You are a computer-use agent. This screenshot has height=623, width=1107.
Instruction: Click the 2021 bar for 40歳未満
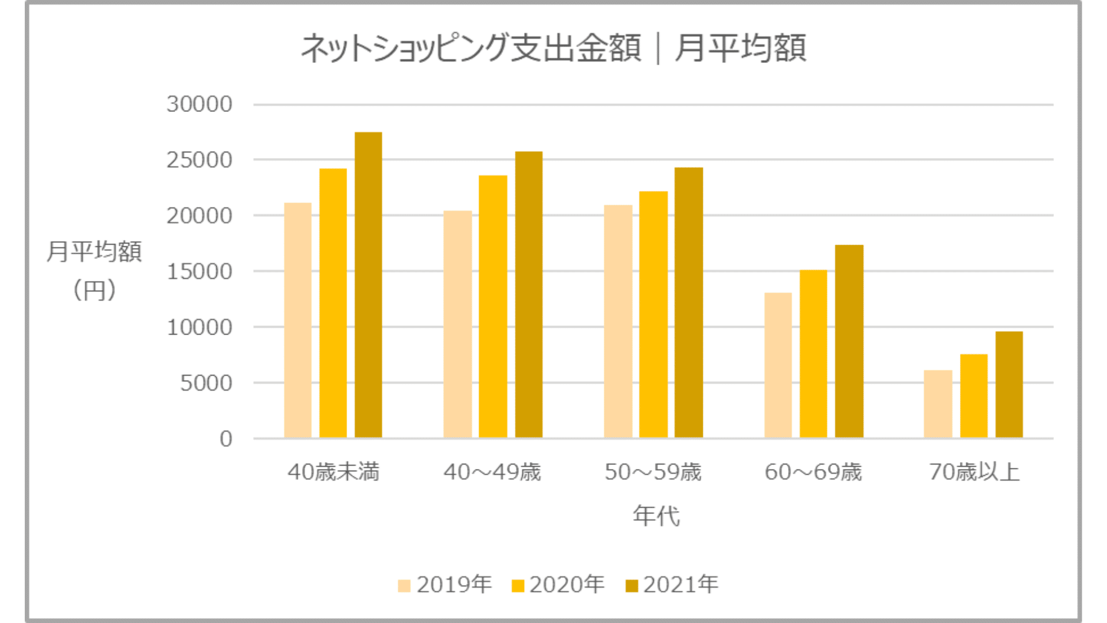point(368,285)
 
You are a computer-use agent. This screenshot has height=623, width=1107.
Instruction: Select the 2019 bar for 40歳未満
point(298,320)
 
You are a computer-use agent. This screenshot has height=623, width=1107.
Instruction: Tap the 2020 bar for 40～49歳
point(492,306)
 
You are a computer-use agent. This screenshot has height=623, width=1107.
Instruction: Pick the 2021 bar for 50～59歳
point(688,302)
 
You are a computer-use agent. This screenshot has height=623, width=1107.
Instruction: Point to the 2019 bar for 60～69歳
point(778,365)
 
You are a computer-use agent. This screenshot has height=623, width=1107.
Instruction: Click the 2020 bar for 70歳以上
point(973,396)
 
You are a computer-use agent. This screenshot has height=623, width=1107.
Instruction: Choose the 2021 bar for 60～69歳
point(849,341)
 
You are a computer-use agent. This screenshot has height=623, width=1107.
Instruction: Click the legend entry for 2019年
point(445,585)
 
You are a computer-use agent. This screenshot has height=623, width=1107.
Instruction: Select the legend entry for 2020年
point(558,585)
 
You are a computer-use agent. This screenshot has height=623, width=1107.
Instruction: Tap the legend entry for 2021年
point(672,585)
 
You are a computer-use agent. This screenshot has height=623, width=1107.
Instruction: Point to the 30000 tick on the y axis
point(199,104)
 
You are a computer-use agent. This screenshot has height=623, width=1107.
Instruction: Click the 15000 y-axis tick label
point(199,272)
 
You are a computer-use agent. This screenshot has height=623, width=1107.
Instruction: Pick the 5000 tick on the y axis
point(206,383)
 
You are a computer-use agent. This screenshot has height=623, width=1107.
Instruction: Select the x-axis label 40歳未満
point(333,472)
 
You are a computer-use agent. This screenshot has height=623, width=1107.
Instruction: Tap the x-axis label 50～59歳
point(653,472)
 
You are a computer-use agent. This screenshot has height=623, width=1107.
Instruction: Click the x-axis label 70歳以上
point(974,472)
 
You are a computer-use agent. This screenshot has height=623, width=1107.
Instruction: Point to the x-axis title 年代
point(656,515)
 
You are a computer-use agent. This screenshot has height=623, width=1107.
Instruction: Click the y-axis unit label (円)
point(95,290)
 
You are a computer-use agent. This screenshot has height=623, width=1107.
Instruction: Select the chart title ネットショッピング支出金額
point(470,47)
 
